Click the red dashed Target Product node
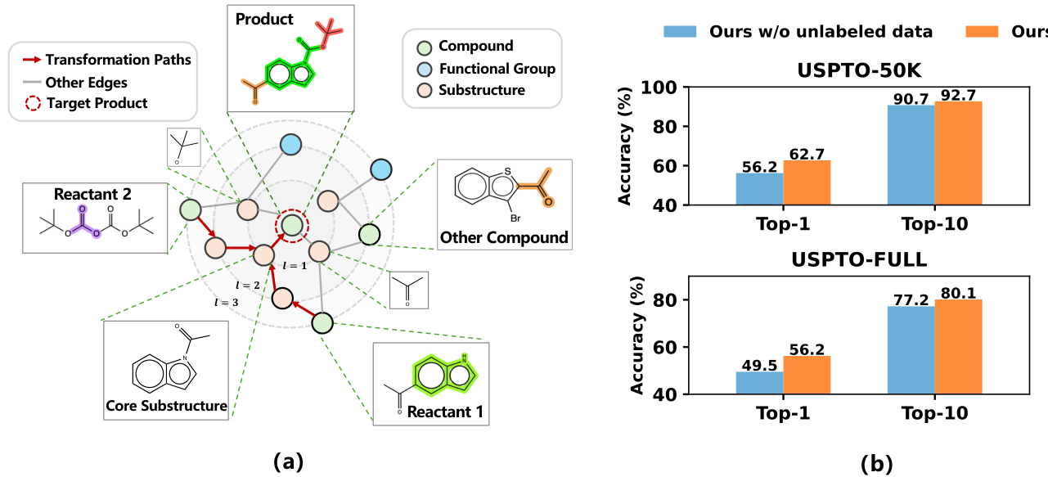[x=292, y=226]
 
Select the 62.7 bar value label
[x=807, y=154]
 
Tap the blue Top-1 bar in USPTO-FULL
[x=759, y=383]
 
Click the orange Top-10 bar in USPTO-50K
[x=958, y=153]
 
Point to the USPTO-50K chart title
[x=859, y=70]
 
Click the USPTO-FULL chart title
[x=859, y=259]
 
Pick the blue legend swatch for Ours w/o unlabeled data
[x=680, y=31]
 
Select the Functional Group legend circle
[x=425, y=70]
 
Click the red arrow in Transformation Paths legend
[x=32, y=60]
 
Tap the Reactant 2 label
[x=92, y=194]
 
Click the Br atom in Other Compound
[x=515, y=218]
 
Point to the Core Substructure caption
[x=166, y=405]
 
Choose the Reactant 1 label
[x=445, y=412]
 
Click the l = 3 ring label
[x=227, y=303]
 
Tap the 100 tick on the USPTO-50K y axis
[x=659, y=88]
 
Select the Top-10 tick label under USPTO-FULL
[x=935, y=413]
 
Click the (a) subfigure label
[x=289, y=461]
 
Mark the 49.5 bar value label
[x=759, y=365]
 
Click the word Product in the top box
[x=264, y=19]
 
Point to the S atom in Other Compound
[x=507, y=172]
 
